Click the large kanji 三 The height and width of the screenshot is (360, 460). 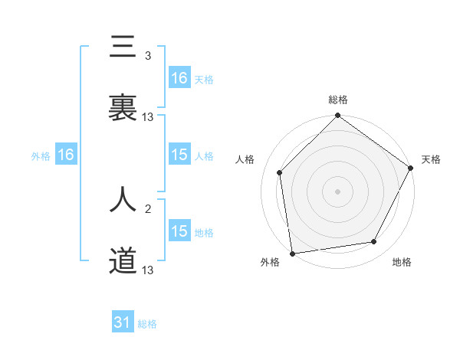point(123,48)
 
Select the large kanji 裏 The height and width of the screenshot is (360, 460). point(123,108)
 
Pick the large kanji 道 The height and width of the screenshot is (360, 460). point(123,261)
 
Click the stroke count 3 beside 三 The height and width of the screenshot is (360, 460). point(148,56)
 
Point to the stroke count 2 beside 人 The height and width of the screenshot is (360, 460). point(148,208)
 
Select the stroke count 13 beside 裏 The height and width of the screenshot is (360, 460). point(148,116)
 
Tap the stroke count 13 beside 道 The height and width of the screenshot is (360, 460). point(148,270)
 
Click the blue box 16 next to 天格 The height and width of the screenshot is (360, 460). point(179,78)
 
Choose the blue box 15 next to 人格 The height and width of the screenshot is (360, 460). point(179,155)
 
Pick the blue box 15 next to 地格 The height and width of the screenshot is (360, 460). point(179,231)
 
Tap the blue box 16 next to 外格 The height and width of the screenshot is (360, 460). point(66,155)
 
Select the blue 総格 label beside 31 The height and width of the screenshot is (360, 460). point(147,324)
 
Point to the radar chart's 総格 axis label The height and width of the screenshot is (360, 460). point(338,100)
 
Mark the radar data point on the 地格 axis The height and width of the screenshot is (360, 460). point(374,241)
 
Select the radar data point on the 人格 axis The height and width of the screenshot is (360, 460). point(280,172)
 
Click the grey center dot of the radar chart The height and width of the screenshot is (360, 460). point(338,191)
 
